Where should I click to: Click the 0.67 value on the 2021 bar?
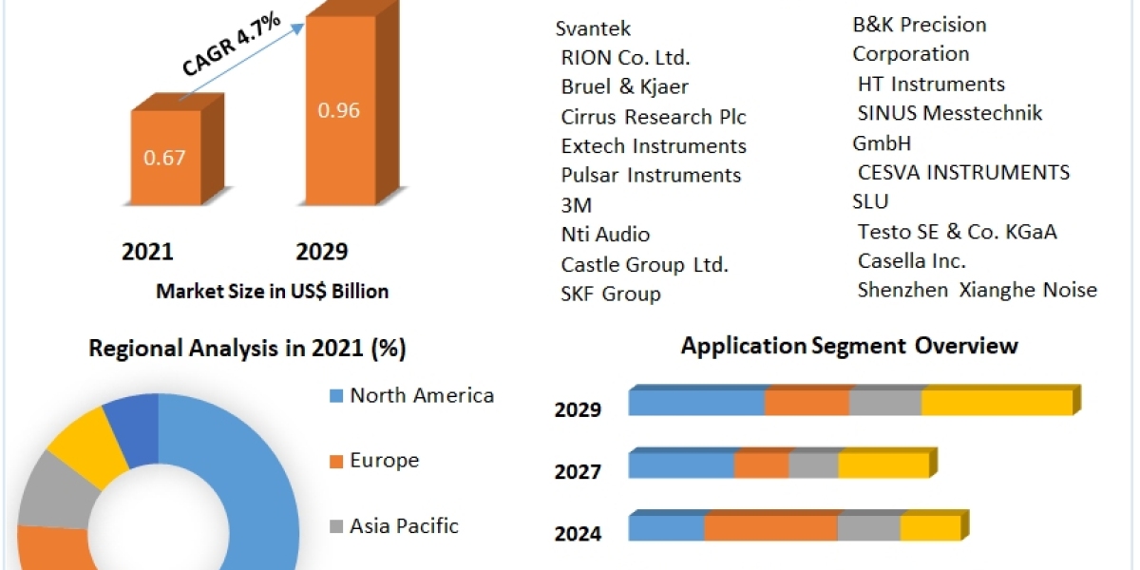tap(164, 158)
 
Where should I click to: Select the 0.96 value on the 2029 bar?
tap(338, 110)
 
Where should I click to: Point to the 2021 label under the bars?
tap(147, 252)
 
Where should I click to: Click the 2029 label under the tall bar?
tap(322, 252)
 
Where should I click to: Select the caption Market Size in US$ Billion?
tap(273, 292)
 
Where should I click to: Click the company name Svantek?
tap(593, 28)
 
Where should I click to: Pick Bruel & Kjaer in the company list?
tap(624, 86)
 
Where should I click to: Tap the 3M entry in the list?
tap(577, 205)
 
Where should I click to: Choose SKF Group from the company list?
tap(610, 294)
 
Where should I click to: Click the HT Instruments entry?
tap(930, 84)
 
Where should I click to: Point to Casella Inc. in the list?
tap(911, 260)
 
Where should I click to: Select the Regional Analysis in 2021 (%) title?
tap(247, 349)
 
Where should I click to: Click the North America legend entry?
tap(421, 395)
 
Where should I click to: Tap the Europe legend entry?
tap(384, 461)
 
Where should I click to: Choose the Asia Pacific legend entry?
tap(404, 525)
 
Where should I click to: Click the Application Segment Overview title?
tap(849, 345)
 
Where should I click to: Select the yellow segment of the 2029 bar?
tap(997, 403)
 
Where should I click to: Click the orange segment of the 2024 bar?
tap(770, 529)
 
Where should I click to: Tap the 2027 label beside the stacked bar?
tap(578, 471)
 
